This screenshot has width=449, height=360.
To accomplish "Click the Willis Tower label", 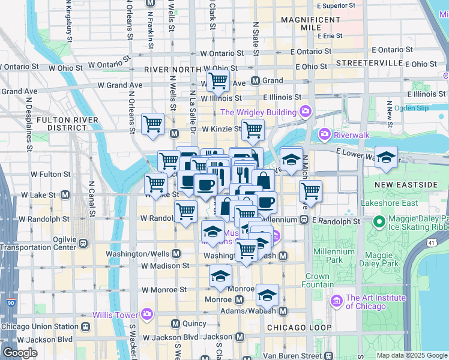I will point(114,314).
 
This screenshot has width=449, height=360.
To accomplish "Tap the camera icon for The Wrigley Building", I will point(305,112).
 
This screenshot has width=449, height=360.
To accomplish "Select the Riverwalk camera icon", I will point(325,133).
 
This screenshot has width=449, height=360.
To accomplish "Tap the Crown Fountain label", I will point(317,281).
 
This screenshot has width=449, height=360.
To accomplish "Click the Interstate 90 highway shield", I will point(11,302).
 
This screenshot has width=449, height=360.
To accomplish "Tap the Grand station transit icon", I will point(255,80).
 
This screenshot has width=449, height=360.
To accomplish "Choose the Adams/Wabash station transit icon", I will point(282,311).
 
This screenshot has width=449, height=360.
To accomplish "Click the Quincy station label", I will point(193,323).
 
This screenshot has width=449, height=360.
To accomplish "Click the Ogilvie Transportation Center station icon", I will point(83,244).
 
